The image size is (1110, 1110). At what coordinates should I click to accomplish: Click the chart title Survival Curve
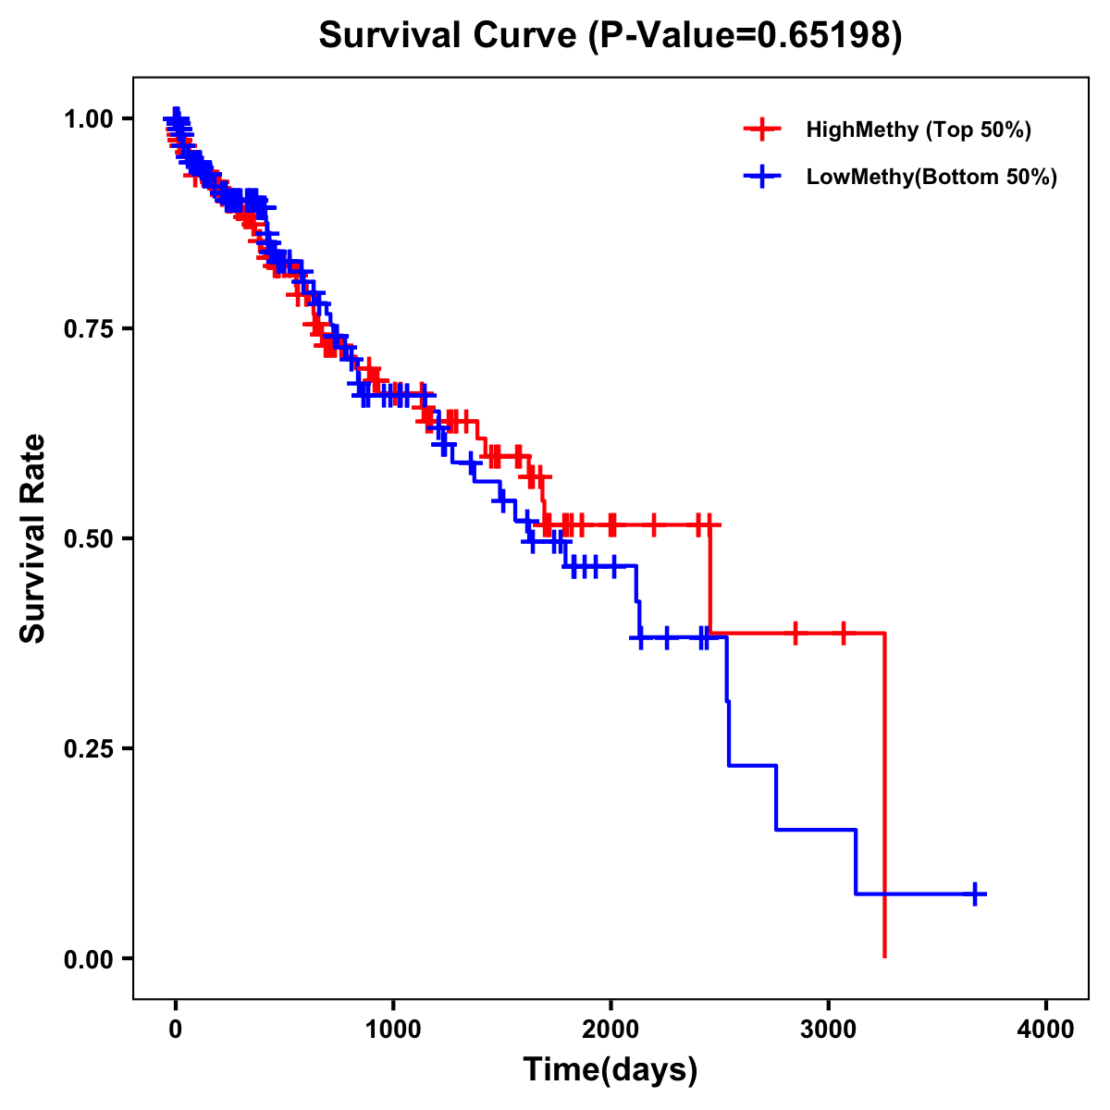click(449, 36)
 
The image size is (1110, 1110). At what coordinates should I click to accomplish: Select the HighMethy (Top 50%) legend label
click(918, 129)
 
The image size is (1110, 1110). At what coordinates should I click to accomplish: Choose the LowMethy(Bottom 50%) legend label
click(931, 177)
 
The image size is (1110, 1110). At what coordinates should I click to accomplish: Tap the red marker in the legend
click(762, 129)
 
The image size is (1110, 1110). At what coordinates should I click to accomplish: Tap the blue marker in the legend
click(762, 177)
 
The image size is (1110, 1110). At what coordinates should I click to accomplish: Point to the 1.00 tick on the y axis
click(90, 118)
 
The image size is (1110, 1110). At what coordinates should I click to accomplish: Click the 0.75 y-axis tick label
click(90, 328)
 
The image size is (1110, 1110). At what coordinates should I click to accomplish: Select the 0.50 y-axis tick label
click(90, 538)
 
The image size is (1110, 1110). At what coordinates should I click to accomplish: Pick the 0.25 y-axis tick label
click(90, 748)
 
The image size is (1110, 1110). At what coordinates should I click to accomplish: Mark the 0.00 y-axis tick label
click(90, 958)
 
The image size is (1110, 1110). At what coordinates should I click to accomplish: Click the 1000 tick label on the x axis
click(393, 1030)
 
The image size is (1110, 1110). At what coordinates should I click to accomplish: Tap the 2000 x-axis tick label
click(610, 1030)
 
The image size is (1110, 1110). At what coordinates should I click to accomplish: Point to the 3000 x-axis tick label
click(829, 1030)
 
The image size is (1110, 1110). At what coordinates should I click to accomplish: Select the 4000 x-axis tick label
click(1046, 1030)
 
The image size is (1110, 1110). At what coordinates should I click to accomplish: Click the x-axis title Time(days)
click(610, 1070)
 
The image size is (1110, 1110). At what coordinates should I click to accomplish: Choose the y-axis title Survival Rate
click(33, 538)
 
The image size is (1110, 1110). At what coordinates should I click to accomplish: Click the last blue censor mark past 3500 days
click(975, 894)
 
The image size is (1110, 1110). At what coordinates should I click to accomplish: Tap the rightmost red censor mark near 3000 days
click(843, 634)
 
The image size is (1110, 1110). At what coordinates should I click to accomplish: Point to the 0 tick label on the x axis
click(176, 1030)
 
